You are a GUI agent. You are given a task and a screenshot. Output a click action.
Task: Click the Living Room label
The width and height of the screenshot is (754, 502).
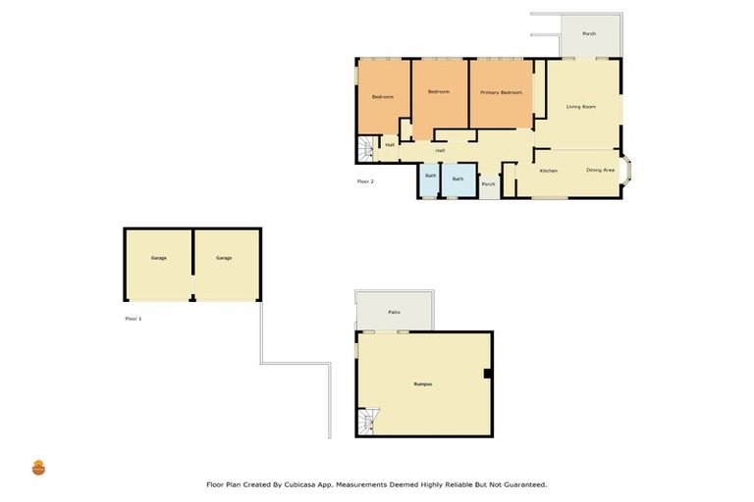[581, 106]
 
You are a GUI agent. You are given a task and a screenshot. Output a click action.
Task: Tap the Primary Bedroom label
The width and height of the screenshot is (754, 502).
[501, 92]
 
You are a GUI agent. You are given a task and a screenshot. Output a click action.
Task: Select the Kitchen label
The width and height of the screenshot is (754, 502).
[549, 171]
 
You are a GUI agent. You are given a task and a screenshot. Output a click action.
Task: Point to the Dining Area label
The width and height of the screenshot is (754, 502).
[600, 170]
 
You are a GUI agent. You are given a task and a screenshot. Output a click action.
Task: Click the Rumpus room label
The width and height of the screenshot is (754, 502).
[423, 383]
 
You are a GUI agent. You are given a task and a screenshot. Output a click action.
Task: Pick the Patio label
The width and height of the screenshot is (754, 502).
[394, 312]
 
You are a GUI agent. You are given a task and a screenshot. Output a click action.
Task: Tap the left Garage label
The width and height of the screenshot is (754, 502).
[158, 258]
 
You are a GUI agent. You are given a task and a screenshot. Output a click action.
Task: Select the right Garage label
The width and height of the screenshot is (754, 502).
[224, 258]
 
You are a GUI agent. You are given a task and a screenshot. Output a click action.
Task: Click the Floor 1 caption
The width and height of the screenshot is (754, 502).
[133, 319]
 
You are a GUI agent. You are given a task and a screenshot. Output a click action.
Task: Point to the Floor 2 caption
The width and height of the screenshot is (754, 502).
[364, 181]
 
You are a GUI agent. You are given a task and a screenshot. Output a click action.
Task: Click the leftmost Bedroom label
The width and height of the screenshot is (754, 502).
[382, 96]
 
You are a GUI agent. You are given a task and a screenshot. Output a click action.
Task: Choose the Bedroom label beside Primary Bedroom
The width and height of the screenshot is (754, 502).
[438, 91]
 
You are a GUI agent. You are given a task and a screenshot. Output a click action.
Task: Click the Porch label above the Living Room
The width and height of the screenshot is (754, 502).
[589, 33]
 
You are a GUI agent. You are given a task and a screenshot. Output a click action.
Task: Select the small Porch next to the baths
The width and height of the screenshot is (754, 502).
[488, 184]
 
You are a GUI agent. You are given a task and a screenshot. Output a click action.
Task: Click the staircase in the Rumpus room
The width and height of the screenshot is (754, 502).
[368, 421]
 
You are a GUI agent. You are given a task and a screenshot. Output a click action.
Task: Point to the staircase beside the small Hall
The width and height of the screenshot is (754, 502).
[367, 149]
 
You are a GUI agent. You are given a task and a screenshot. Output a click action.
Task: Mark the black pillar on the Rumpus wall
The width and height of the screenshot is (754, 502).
[488, 373]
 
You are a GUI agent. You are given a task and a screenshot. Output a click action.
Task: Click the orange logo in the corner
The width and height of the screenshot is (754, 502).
[38, 468]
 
